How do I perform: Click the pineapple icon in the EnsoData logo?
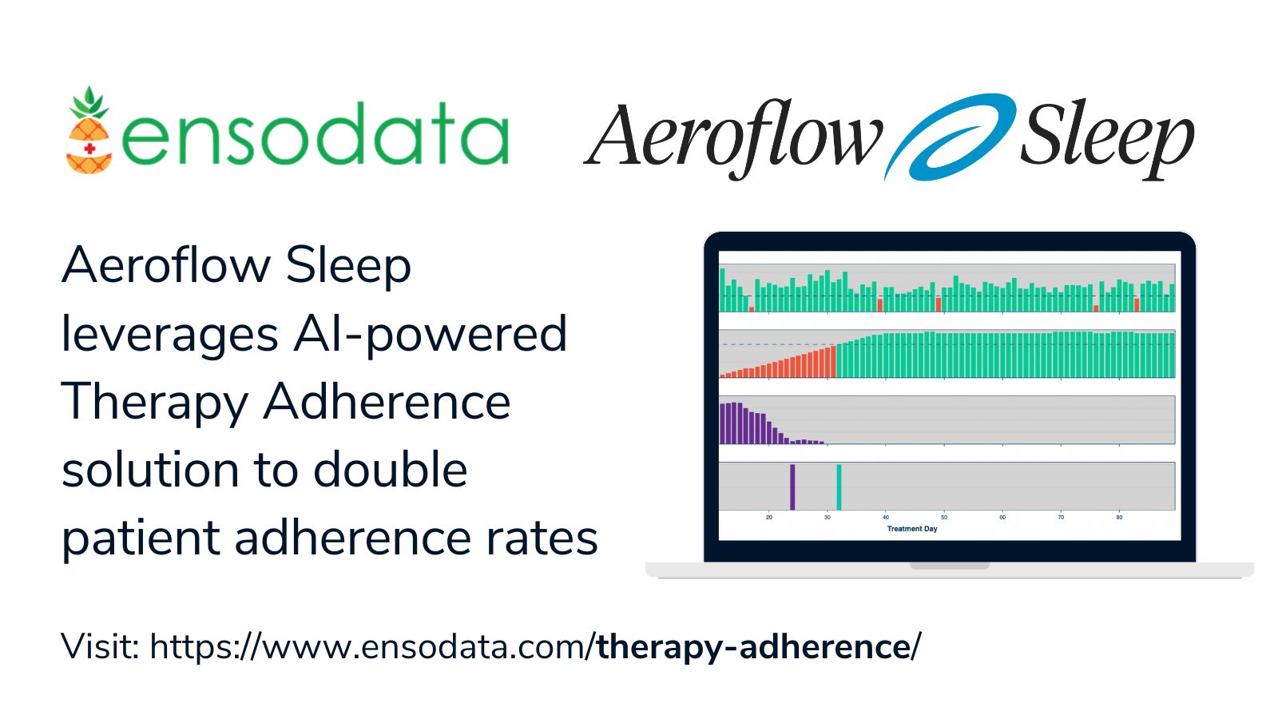89,132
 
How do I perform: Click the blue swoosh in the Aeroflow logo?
949,137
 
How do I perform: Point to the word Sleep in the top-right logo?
1107,137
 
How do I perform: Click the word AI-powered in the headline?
430,333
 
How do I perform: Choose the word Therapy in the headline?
154,402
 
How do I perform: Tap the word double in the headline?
390,470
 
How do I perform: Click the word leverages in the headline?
170,333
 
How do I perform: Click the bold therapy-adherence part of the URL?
754,646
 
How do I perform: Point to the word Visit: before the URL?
101,646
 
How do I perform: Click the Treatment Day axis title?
912,529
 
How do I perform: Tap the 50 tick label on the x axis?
944,518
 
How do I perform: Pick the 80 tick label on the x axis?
1119,518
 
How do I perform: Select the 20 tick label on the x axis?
769,518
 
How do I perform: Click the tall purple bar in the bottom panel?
792,487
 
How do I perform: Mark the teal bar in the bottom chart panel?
839,487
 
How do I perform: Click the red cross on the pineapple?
90,149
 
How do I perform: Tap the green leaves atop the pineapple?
89,102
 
